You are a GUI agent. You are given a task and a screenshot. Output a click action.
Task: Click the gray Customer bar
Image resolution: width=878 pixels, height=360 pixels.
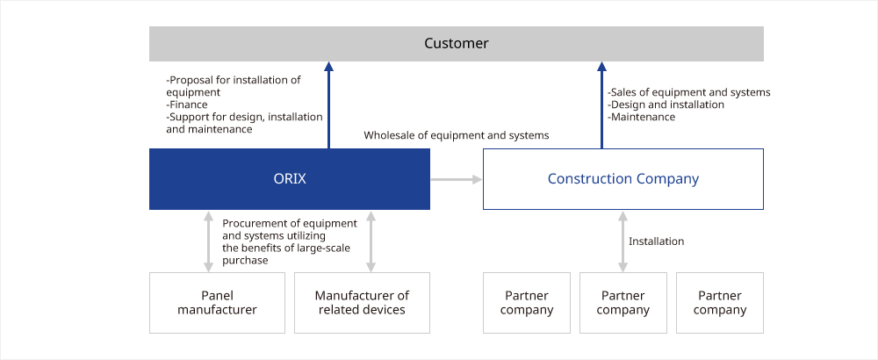pyautogui.click(x=457, y=44)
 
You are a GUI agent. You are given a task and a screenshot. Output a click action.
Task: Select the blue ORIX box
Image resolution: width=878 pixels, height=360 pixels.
pyautogui.click(x=290, y=179)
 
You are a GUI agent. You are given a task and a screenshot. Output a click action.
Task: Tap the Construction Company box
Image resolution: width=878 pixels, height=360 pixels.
pyautogui.click(x=623, y=179)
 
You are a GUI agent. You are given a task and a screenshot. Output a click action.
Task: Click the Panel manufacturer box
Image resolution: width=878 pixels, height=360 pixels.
pyautogui.click(x=217, y=303)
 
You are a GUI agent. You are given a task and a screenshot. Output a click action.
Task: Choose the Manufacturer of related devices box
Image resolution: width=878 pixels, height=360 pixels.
pyautogui.click(x=362, y=303)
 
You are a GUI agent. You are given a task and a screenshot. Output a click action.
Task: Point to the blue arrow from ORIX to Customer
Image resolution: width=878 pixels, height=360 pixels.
pyautogui.click(x=328, y=104)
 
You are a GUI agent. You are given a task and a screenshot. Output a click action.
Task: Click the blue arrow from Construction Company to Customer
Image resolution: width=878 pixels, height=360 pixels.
pyautogui.click(x=602, y=104)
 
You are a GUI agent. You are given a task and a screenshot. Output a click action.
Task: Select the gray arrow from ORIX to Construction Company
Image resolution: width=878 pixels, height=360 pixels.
pyautogui.click(x=457, y=179)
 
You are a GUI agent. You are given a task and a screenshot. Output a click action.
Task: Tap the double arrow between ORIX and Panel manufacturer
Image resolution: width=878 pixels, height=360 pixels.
pyautogui.click(x=208, y=241)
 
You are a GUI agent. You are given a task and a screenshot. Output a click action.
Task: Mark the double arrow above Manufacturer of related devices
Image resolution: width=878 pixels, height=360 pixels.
pyautogui.click(x=371, y=241)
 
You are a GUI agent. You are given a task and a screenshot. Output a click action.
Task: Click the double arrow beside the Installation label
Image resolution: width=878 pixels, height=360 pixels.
pyautogui.click(x=623, y=241)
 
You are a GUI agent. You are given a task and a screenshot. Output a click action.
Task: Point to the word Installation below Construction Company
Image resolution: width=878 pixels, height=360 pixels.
pyautogui.click(x=656, y=241)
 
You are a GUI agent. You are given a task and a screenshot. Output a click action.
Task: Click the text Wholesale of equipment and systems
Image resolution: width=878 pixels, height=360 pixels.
pyautogui.click(x=457, y=135)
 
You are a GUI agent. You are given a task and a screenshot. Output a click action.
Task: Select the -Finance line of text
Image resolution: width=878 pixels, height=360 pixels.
pyautogui.click(x=187, y=104)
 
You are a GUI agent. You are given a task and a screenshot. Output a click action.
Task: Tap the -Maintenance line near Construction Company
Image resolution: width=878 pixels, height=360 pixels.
pyautogui.click(x=641, y=117)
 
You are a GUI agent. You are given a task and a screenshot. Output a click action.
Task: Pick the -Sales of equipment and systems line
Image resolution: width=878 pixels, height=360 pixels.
pyautogui.click(x=689, y=92)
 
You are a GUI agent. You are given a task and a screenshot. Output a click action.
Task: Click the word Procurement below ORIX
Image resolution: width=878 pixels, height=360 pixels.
pyautogui.click(x=252, y=223)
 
